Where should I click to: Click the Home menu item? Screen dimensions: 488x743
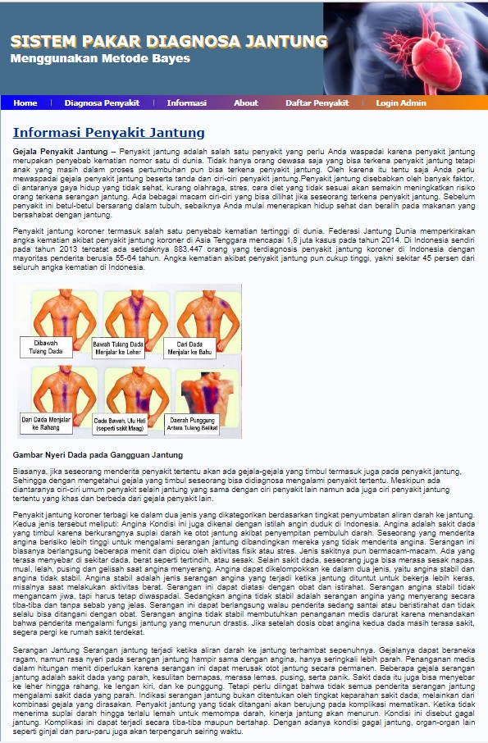click(25, 103)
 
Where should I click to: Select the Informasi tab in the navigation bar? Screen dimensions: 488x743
click(186, 103)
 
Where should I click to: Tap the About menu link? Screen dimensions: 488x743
click(245, 103)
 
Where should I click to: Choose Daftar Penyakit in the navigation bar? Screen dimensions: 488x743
click(317, 103)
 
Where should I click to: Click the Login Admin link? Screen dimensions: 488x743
click(401, 103)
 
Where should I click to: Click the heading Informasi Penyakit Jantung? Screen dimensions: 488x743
click(108, 133)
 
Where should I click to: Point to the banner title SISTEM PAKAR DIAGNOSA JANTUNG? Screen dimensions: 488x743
click(169, 42)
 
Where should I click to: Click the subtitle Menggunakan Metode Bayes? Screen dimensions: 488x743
click(100, 59)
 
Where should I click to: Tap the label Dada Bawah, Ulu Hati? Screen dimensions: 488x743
click(122, 422)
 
